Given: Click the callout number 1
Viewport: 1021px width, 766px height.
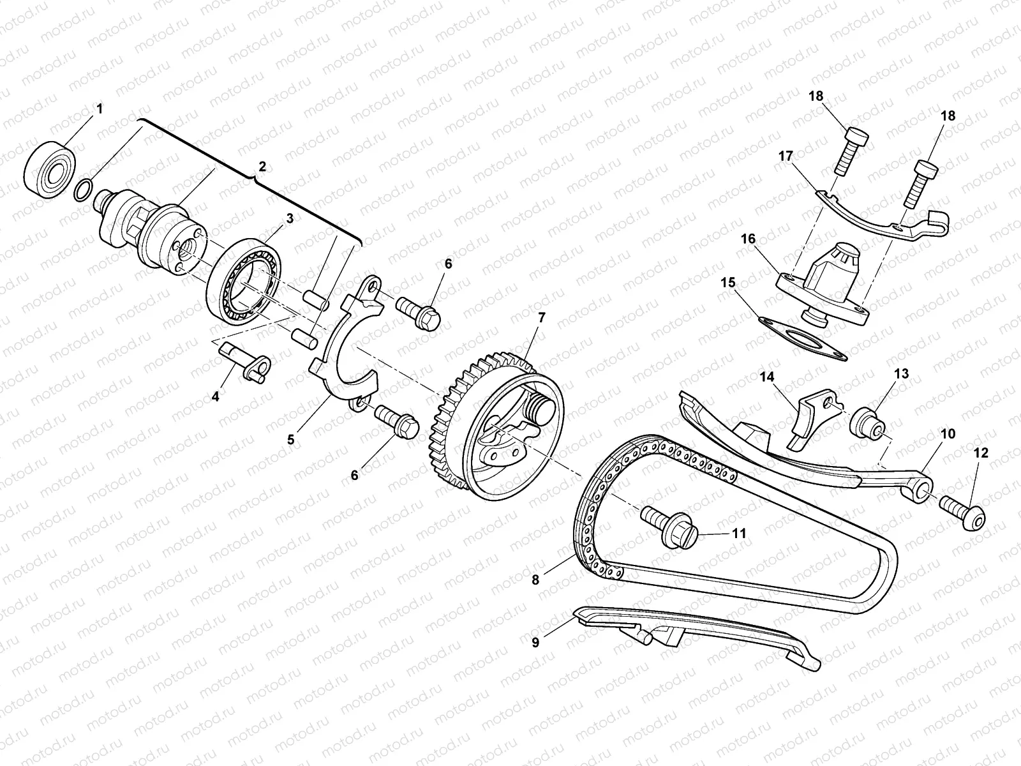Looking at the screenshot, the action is [x=99, y=109].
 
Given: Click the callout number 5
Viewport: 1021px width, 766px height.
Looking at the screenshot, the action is [x=291, y=440].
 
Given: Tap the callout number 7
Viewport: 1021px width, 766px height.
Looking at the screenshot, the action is [x=542, y=317].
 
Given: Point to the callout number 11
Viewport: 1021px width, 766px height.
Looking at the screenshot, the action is [x=738, y=532].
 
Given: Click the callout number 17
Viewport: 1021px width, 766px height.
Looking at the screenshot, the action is [x=785, y=156].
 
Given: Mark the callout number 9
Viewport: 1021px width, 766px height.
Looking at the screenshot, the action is [x=535, y=643].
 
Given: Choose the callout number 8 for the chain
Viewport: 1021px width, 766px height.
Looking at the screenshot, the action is [x=535, y=579].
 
